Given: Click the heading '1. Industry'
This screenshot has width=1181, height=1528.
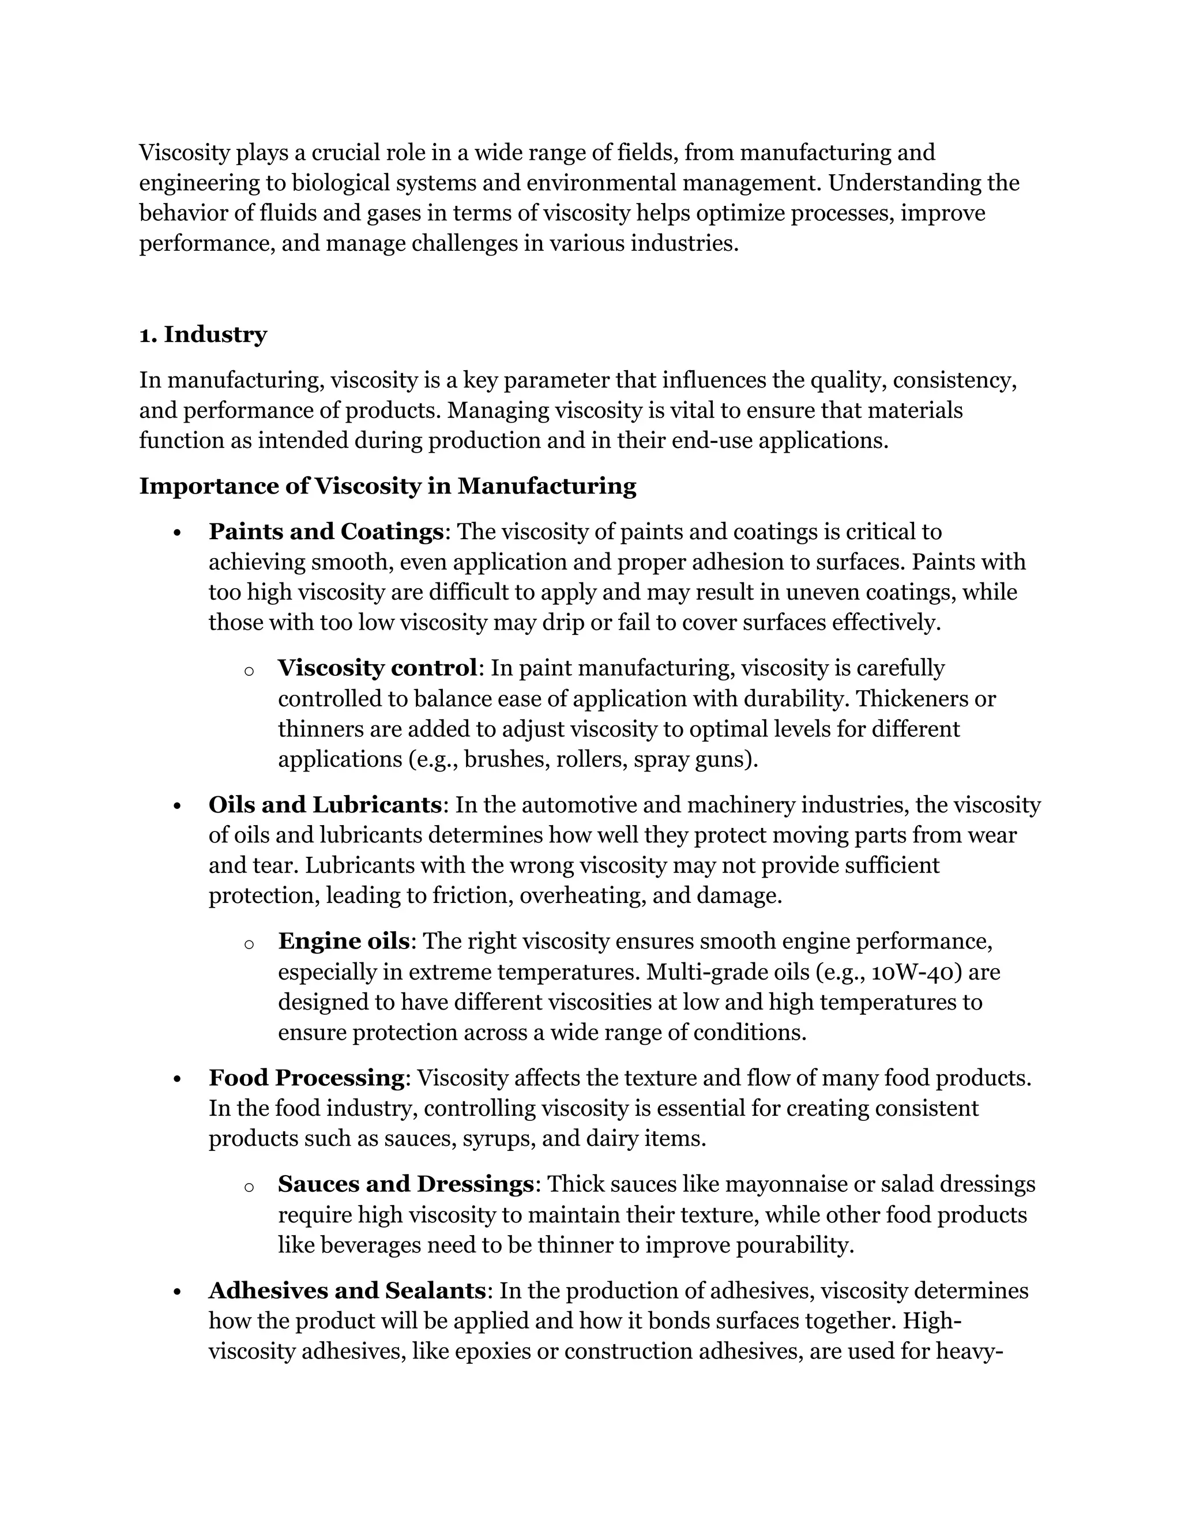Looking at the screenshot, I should tap(203, 334).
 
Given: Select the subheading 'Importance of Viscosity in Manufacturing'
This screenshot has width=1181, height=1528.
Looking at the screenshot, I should tap(388, 486).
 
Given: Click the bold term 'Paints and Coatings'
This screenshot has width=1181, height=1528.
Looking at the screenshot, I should tap(325, 532).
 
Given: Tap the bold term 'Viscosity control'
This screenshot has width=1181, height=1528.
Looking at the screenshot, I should tap(377, 668).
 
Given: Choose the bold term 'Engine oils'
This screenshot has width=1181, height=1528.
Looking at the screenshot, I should tap(343, 941).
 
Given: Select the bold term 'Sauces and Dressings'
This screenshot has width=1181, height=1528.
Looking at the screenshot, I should tap(406, 1184).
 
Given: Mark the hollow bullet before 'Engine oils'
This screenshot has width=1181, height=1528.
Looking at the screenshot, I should tap(249, 944).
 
